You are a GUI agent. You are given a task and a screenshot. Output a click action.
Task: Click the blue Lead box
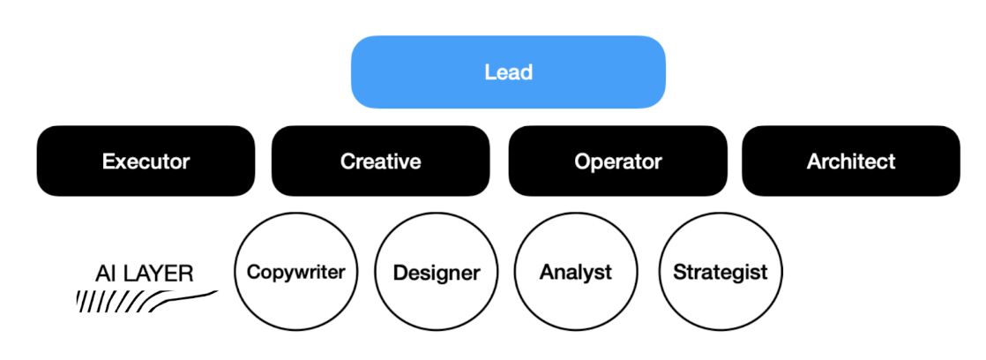pos(508,71)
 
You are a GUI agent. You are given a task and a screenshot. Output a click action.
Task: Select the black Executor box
pos(146,161)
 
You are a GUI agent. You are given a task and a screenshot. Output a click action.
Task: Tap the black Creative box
pos(380,161)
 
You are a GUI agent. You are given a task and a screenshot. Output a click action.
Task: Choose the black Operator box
pos(617,161)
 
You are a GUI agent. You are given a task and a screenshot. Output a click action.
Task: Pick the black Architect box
pos(851,161)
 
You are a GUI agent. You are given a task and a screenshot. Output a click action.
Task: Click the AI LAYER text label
pos(144,274)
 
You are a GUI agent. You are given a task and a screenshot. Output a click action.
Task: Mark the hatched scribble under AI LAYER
pos(146,301)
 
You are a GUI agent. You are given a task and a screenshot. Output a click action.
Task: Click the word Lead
pos(508,72)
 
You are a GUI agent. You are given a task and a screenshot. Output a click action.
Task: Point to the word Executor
pos(146,161)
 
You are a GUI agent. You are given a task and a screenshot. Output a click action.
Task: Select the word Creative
pos(380,161)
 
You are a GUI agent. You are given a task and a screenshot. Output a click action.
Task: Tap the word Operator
pos(617,162)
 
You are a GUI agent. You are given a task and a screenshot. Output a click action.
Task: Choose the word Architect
pos(851,161)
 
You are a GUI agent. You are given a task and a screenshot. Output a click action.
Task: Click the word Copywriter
pos(295,273)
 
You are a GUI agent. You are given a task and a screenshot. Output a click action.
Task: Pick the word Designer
pos(437,274)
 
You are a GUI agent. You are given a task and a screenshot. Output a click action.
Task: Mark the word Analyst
pos(575,273)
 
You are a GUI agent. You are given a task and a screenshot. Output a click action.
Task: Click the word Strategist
pos(720,273)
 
